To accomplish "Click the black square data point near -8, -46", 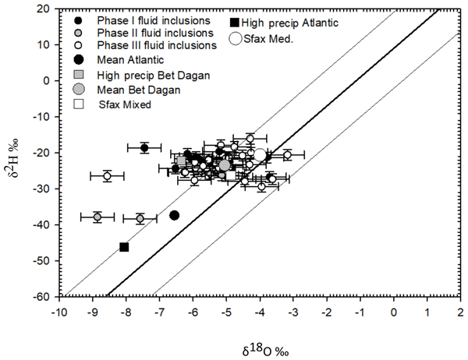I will pyautogui.click(x=124, y=247).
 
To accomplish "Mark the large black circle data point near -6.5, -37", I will pyautogui.click(x=175, y=215).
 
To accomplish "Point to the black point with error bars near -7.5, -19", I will pyautogui.click(x=144, y=148).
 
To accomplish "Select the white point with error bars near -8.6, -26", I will pyautogui.click(x=108, y=176).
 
